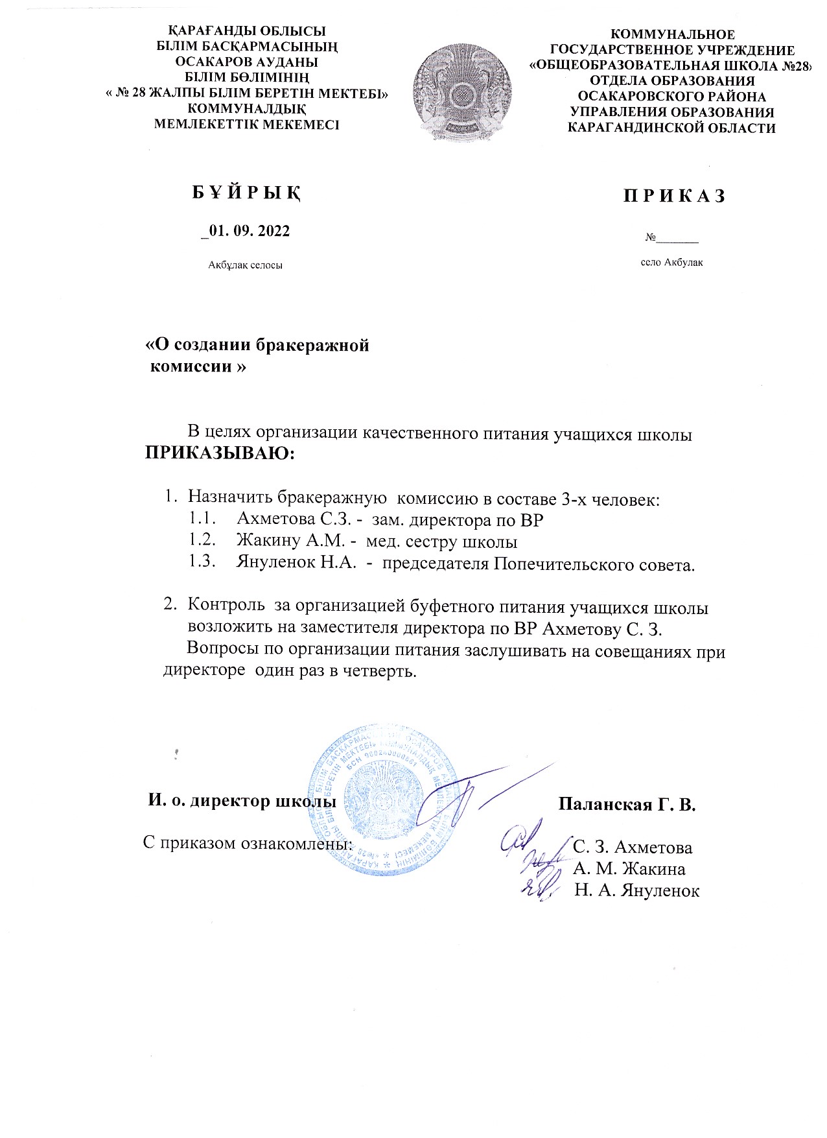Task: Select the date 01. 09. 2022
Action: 248,231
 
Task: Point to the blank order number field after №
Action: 678,240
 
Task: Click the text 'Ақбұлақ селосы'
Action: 245,265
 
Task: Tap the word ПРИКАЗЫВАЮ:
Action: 219,452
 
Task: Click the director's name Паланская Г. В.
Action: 627,806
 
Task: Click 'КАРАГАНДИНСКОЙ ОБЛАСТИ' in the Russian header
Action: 671,128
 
